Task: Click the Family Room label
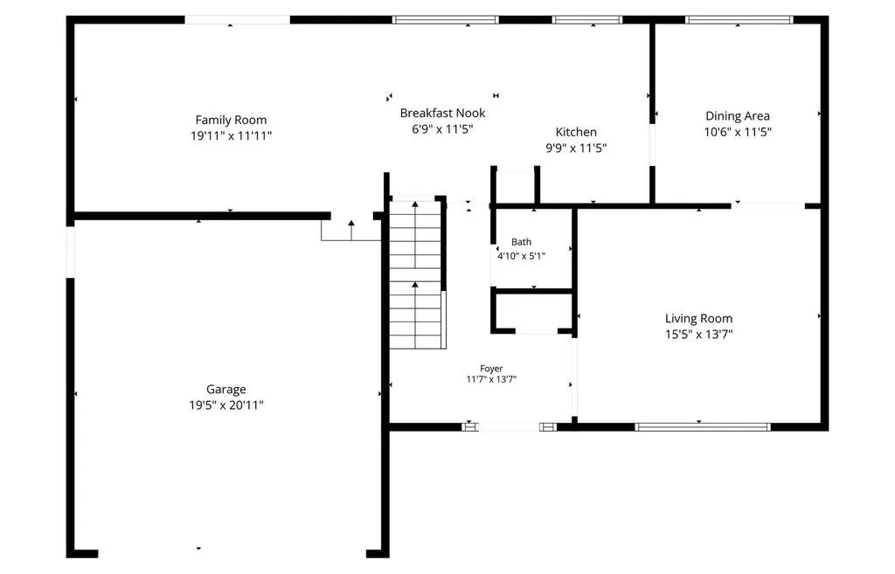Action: click(x=231, y=120)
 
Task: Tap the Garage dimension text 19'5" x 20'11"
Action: click(x=226, y=405)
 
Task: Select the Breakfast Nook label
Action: click(x=442, y=113)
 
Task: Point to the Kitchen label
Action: click(x=576, y=132)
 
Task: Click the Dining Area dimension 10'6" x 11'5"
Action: click(x=738, y=132)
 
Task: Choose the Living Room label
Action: click(x=698, y=318)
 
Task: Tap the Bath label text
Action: click(x=521, y=242)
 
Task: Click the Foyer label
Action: click(x=491, y=369)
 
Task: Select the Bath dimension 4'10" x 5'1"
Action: click(x=521, y=256)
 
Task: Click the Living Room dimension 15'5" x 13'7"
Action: click(x=698, y=335)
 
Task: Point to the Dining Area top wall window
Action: click(x=739, y=20)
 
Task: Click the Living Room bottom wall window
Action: click(x=702, y=427)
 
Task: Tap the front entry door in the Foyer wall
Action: click(x=510, y=427)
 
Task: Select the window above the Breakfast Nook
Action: click(x=445, y=20)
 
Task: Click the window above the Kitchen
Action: click(x=586, y=20)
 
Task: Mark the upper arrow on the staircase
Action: click(x=415, y=234)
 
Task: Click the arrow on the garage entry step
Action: click(x=351, y=230)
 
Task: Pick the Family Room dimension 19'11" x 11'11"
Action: click(x=231, y=135)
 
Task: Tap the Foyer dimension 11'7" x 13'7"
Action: click(x=491, y=379)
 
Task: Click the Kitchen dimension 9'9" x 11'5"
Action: click(x=576, y=148)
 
